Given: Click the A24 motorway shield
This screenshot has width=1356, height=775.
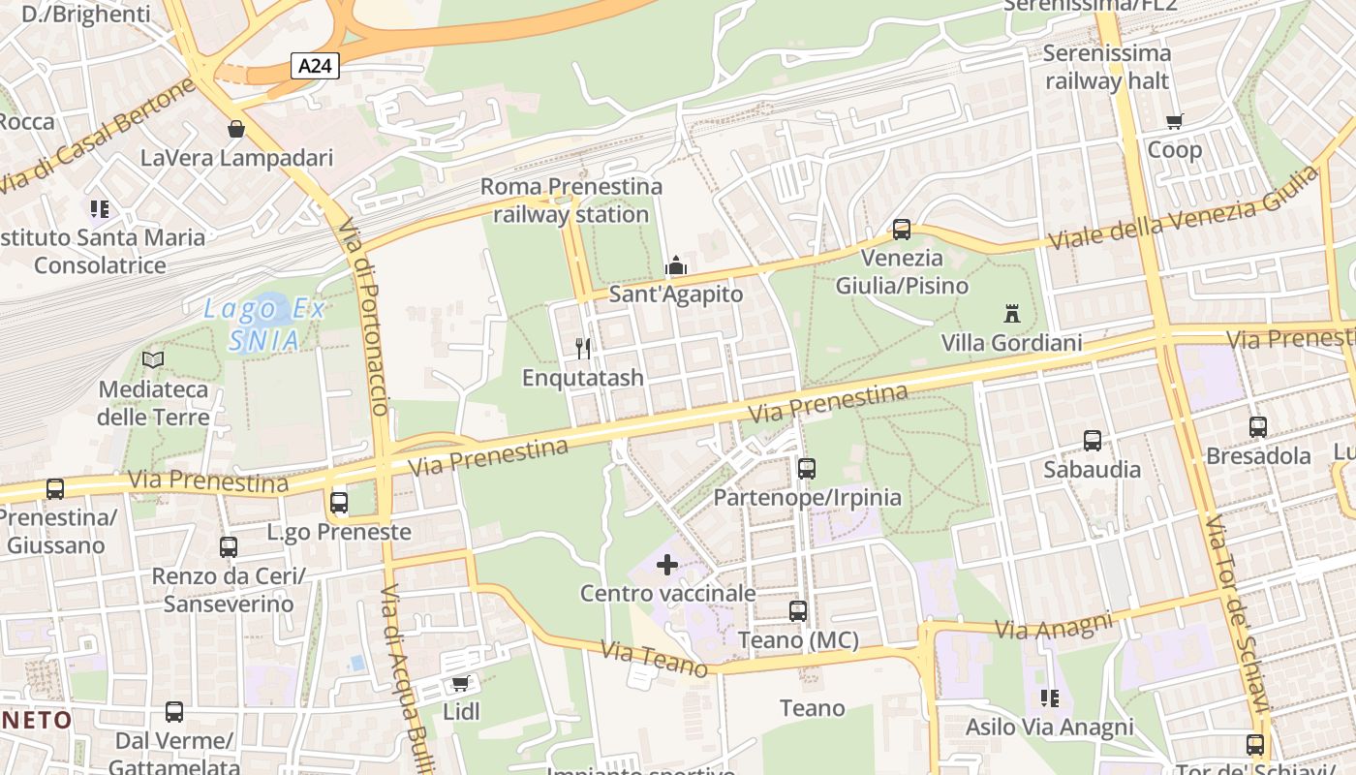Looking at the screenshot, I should [x=315, y=66].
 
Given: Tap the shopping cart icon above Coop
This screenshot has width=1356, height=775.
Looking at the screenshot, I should [x=1175, y=122].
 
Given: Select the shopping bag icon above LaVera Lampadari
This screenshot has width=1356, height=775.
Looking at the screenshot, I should [x=235, y=129].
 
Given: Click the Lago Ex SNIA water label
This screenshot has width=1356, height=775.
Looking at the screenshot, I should [x=263, y=325].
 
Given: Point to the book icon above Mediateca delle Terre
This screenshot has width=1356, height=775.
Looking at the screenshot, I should [x=153, y=359].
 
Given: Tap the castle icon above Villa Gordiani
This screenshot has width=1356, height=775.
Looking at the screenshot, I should [x=1012, y=314].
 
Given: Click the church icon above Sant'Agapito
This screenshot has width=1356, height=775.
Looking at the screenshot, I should [x=675, y=265].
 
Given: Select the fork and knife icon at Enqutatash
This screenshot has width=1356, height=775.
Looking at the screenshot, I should [x=583, y=349].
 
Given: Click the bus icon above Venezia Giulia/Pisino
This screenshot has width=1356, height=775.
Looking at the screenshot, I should [x=902, y=230].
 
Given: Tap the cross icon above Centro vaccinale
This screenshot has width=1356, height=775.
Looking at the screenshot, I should [x=667, y=564].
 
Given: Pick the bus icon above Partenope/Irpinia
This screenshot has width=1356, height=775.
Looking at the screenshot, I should [x=807, y=469].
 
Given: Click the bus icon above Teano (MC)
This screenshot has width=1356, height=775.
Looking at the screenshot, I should [x=798, y=611].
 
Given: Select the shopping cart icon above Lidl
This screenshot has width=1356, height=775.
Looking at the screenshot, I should [x=461, y=683].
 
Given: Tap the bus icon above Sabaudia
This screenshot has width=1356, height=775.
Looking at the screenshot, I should [x=1093, y=441].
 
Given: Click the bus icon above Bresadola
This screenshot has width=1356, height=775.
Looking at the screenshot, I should [x=1258, y=426].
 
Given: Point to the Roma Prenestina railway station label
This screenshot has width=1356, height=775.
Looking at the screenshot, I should [x=571, y=201].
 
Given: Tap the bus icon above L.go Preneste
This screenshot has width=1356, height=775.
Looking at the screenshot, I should [x=339, y=503].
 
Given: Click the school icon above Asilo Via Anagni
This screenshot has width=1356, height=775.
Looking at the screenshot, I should [x=1049, y=697].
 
